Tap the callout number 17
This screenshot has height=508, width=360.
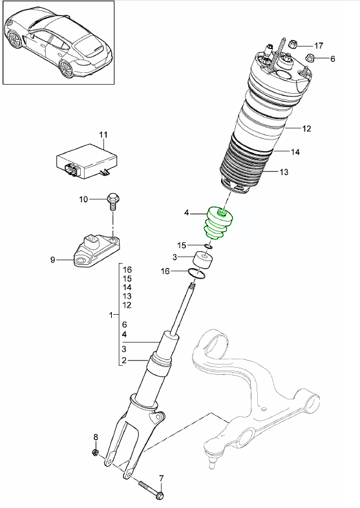(319, 45)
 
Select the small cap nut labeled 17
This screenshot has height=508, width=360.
(292, 45)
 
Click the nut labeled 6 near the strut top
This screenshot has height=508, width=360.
(310, 59)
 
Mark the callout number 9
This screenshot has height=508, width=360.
(54, 260)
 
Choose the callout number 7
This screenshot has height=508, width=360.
(161, 479)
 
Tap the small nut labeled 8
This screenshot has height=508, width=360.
(95, 452)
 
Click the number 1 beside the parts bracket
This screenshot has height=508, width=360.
(112, 315)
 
